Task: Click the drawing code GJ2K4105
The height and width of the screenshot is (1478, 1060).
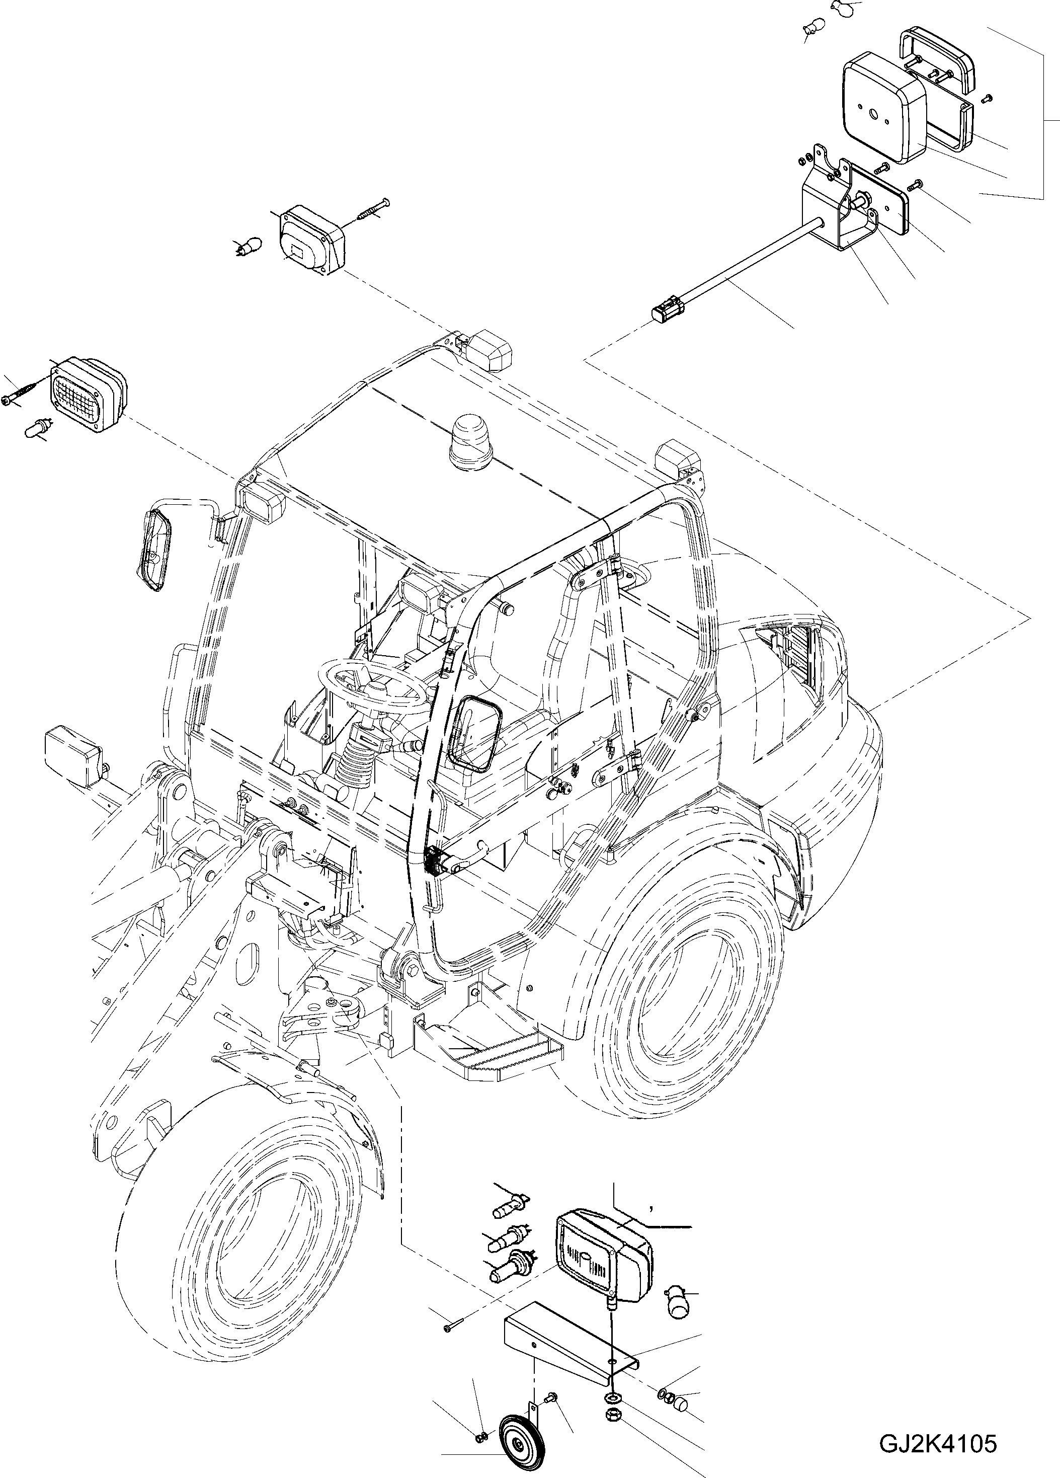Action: tap(938, 1443)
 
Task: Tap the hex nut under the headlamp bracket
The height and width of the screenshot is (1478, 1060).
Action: tap(612, 1410)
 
